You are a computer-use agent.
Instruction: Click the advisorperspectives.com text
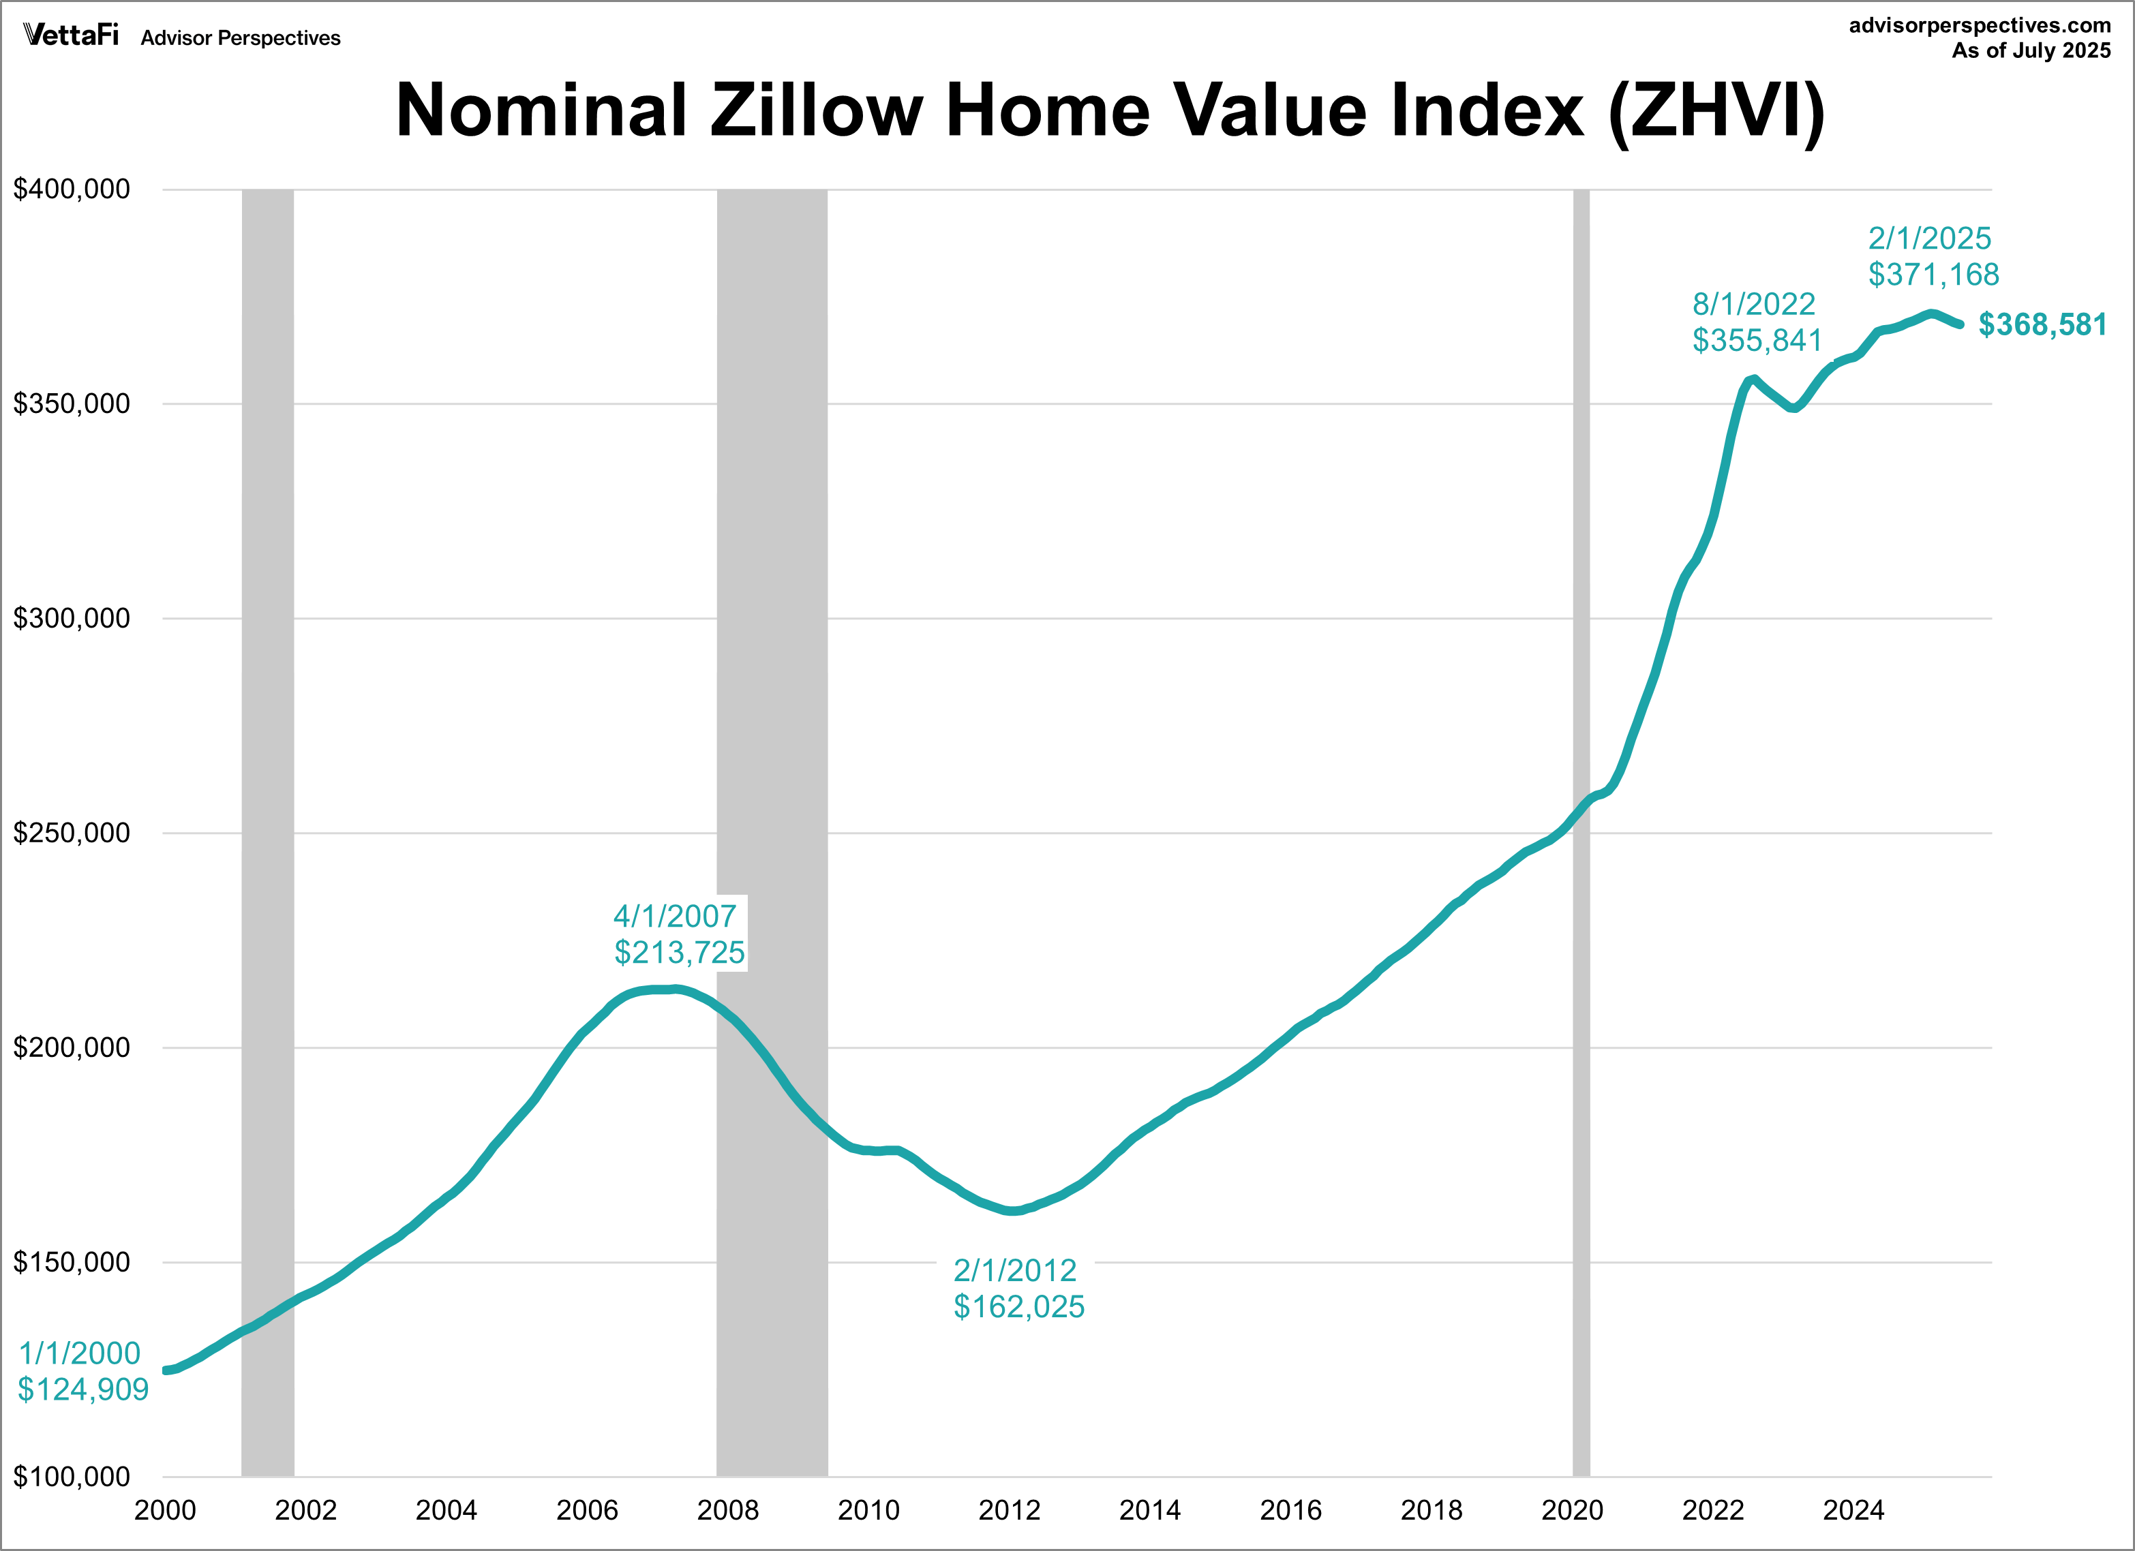pyautogui.click(x=1980, y=25)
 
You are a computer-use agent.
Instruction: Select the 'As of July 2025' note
pyautogui.click(x=2031, y=51)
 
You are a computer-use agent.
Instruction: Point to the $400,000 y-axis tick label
pyautogui.click(x=72, y=189)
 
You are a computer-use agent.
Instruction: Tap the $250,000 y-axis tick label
pyautogui.click(x=72, y=833)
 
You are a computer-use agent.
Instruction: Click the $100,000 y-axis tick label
pyautogui.click(x=72, y=1477)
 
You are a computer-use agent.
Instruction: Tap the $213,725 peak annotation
pyautogui.click(x=680, y=953)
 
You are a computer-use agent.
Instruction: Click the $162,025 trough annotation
pyautogui.click(x=1018, y=1307)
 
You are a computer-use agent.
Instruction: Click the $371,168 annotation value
pyautogui.click(x=1933, y=275)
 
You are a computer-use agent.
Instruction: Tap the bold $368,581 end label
pyautogui.click(x=2042, y=324)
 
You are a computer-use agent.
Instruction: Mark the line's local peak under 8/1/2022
pyautogui.click(x=1753, y=380)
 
